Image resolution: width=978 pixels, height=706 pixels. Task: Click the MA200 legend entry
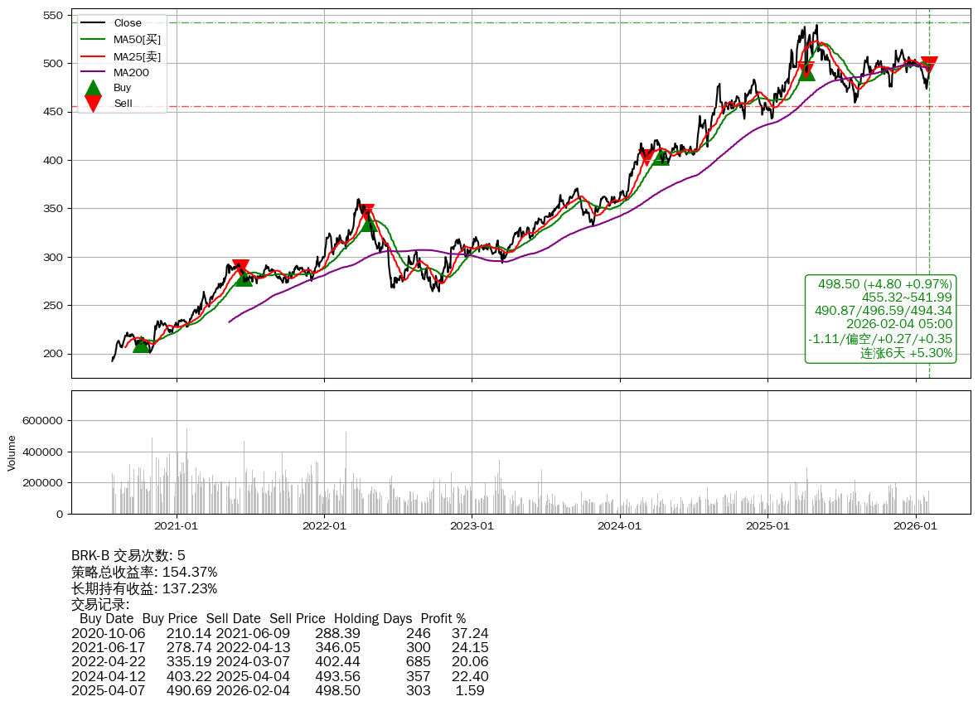click(130, 72)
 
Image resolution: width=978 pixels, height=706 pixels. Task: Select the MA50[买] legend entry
click(137, 39)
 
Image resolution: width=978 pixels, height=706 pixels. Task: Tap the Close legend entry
click(128, 23)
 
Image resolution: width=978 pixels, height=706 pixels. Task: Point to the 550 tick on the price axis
click(53, 16)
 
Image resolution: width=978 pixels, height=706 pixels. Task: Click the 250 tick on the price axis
click(53, 306)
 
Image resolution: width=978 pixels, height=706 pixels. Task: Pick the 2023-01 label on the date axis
click(472, 525)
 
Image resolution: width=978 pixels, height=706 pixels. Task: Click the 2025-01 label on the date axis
click(767, 525)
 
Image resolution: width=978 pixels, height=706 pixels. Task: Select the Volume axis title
click(12, 452)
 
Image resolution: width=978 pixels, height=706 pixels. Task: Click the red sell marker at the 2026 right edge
click(929, 64)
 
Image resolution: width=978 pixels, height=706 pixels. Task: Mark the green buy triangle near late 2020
click(142, 344)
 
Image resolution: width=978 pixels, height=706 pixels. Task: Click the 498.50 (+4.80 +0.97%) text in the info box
click(885, 284)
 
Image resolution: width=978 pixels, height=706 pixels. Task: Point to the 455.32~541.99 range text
click(907, 297)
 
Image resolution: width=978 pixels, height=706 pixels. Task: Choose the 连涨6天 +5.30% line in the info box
click(906, 353)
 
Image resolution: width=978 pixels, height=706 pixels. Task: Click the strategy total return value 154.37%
click(190, 572)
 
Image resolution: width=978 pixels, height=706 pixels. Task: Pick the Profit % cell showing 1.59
click(470, 689)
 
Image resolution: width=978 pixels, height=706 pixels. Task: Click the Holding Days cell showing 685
click(418, 661)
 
